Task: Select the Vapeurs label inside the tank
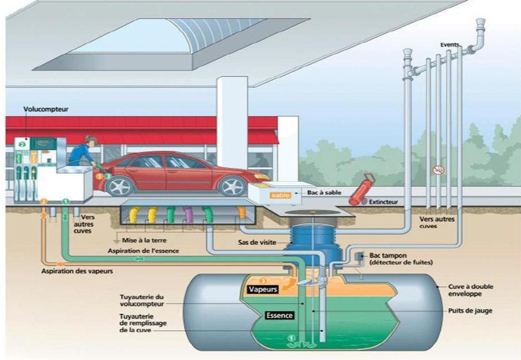pos(263,289)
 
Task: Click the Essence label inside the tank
pos(279,316)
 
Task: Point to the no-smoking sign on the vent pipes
pos(438,169)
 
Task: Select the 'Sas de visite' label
pos(257,243)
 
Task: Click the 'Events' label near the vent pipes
pos(450,45)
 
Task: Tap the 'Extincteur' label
pos(383,202)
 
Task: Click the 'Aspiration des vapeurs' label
pos(77,271)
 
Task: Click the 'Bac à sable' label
pos(324,193)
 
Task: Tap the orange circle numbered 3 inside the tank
pos(263,280)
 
